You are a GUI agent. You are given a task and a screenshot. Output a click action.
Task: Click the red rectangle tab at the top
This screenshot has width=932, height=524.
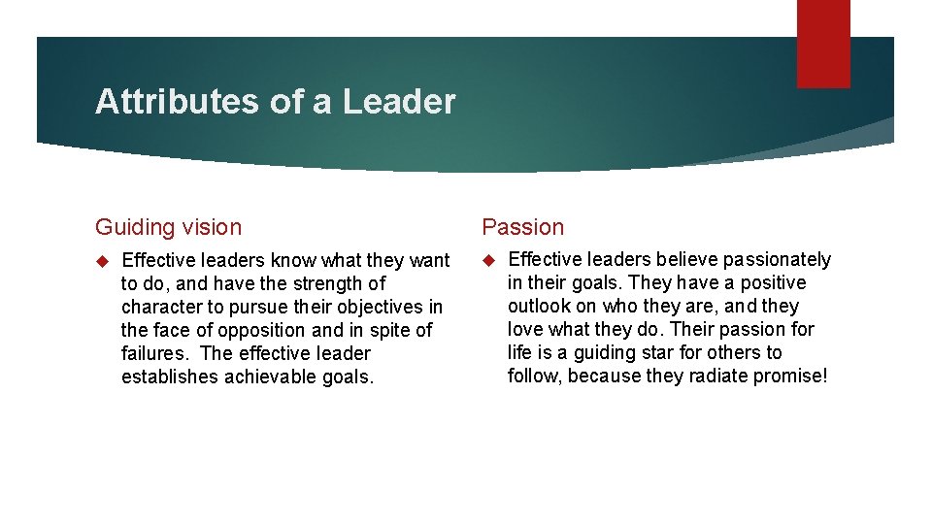click(x=823, y=44)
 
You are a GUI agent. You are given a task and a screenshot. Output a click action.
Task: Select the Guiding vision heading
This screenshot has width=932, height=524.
click(x=168, y=227)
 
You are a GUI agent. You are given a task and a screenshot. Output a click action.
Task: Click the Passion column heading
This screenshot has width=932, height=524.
click(x=522, y=227)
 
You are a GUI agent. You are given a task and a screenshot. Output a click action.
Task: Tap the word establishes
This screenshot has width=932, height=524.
click(x=168, y=377)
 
